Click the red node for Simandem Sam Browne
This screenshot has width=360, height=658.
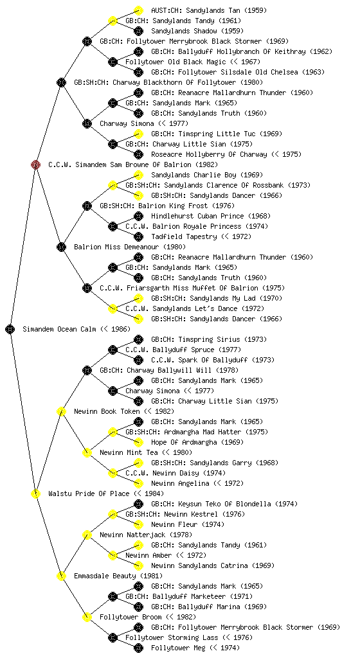35,164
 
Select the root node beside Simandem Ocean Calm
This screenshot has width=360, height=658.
10,329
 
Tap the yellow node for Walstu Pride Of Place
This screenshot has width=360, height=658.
35,493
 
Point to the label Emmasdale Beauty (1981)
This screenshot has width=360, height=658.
118,576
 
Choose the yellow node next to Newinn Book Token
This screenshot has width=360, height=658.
61,411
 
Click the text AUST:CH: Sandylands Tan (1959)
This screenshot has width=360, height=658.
209,10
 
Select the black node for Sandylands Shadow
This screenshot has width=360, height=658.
138,31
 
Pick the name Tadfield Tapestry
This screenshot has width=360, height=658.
184,236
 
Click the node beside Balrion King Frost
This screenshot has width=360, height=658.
87,206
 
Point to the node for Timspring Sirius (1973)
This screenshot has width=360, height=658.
138,339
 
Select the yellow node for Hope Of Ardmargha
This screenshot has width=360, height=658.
138,442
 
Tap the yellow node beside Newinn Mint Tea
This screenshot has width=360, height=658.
87,452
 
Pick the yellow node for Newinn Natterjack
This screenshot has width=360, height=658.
87,535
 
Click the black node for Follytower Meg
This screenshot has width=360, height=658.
138,648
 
